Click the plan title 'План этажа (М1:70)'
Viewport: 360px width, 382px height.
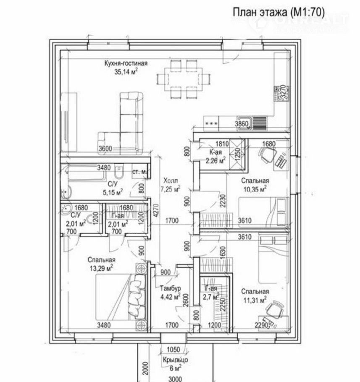(279, 13)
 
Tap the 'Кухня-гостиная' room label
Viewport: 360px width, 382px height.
(126, 64)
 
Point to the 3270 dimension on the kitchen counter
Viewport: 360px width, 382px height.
(284, 92)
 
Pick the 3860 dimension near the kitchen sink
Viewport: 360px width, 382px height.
(242, 123)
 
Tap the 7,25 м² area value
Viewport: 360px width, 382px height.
(171, 189)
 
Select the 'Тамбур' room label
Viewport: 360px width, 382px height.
(170, 289)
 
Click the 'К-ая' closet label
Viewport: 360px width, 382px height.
(215, 152)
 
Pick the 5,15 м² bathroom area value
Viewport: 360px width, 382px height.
(113, 192)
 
